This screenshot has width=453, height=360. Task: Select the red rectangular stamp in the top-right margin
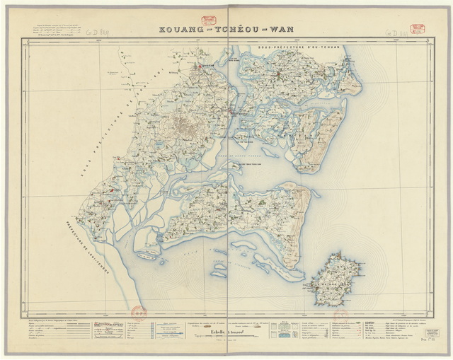[x=418, y=30]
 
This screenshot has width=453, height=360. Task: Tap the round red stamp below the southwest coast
[x=138, y=312]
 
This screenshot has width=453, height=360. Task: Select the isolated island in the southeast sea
[x=336, y=279]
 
